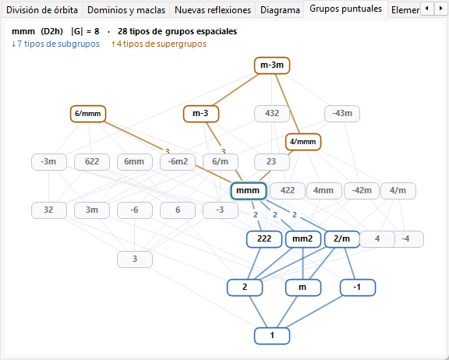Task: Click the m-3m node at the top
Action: [272, 65]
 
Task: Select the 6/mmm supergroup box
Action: [88, 114]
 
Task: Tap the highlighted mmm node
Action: [248, 191]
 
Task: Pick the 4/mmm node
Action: [303, 142]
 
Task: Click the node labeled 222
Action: [264, 239]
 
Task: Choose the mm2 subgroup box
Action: [302, 239]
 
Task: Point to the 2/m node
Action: [342, 239]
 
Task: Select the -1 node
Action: [358, 288]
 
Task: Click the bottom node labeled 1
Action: [272, 336]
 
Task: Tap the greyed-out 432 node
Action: [272, 114]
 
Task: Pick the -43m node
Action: [342, 114]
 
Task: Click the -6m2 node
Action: [178, 162]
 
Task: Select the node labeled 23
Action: [272, 162]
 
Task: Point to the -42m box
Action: [362, 191]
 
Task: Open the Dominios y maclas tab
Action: [126, 10]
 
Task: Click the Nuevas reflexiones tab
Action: [213, 10]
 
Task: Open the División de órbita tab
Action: [42, 10]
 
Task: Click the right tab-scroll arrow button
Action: [440, 9]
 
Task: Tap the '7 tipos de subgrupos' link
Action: [55, 44]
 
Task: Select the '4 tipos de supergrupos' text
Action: [159, 44]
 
